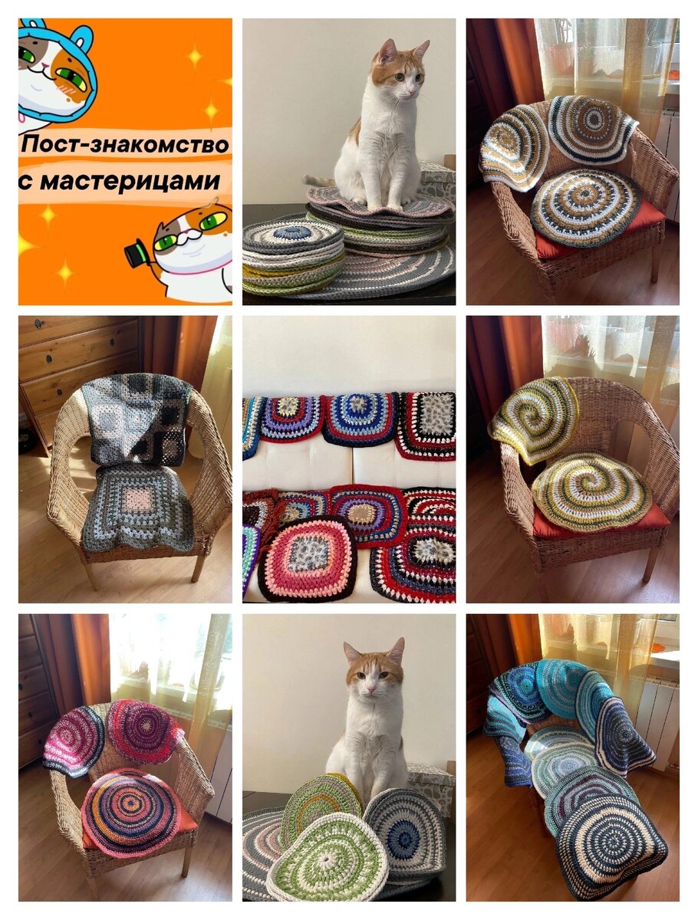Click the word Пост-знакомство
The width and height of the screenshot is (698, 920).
pyautogui.click(x=125, y=145)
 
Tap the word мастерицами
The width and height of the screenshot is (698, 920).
pyautogui.click(x=130, y=182)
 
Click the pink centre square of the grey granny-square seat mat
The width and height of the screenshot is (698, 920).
pyautogui.click(x=140, y=498)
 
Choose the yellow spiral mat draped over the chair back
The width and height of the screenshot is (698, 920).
pyautogui.click(x=533, y=419)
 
